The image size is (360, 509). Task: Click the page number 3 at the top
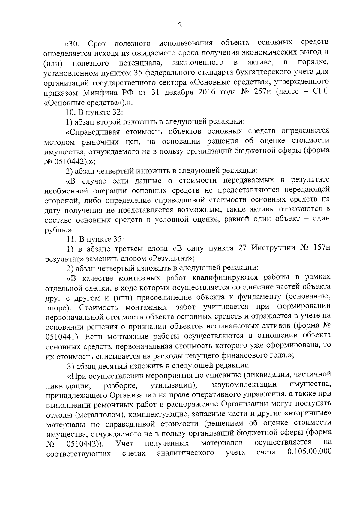(x=180, y=26)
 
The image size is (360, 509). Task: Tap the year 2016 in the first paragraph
(x=207, y=92)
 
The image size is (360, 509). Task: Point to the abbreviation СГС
(x=320, y=92)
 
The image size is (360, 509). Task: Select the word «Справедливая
(x=93, y=131)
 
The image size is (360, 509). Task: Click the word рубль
(x=54, y=230)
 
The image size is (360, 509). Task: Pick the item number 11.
(x=70, y=239)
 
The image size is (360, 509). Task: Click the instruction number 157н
(x=319, y=249)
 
